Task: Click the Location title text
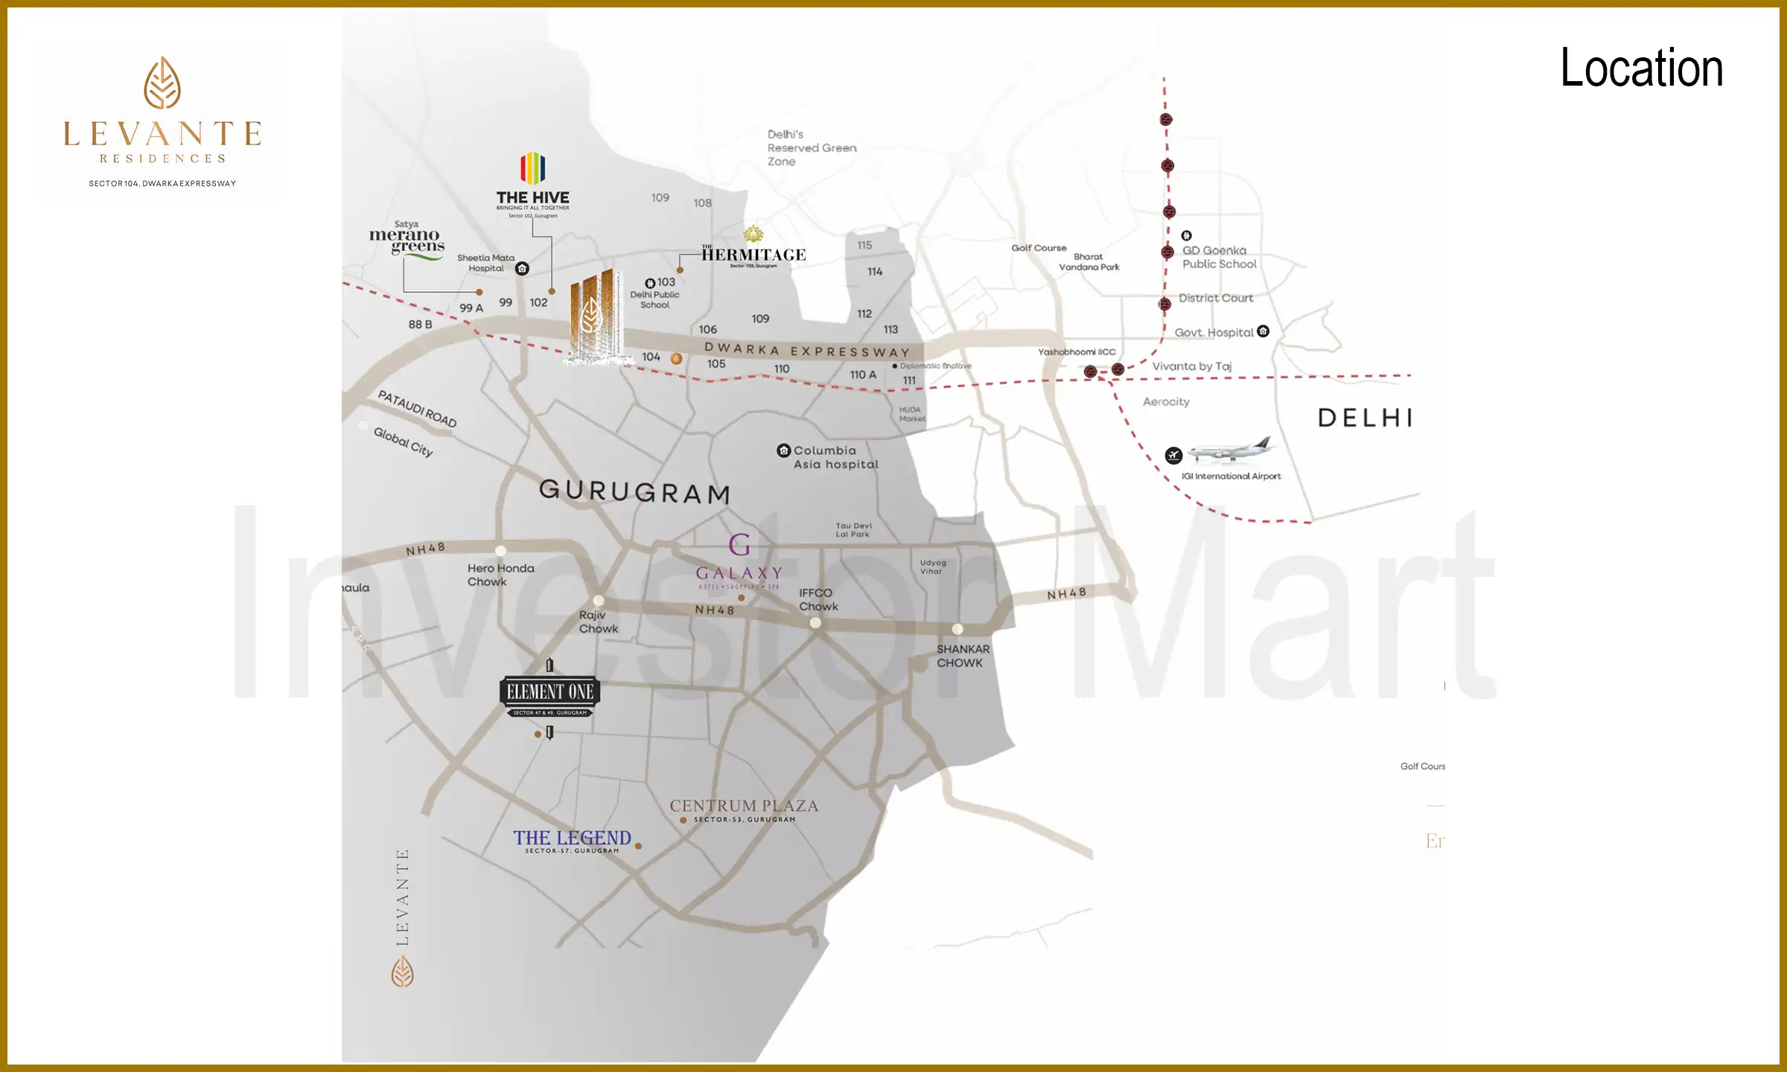coord(1641,68)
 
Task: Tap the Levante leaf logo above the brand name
coord(162,83)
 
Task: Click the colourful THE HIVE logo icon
coord(532,168)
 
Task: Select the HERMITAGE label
coord(754,255)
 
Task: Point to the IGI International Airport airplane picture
coord(1230,450)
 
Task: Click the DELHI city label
coord(1366,418)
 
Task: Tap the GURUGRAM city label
coord(634,491)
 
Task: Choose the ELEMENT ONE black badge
coord(550,692)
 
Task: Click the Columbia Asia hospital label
coord(835,457)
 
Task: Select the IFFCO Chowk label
coord(818,599)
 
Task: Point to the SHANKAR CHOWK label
coord(963,656)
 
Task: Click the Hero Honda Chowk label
coord(500,575)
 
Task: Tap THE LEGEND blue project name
coord(572,838)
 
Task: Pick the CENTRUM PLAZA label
coord(743,806)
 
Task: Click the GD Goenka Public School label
coord(1218,258)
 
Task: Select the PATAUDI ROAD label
coord(417,409)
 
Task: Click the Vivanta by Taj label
coord(1191,366)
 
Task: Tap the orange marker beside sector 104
coord(676,358)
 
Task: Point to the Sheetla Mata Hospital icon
coord(523,269)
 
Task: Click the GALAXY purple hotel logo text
coord(739,573)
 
